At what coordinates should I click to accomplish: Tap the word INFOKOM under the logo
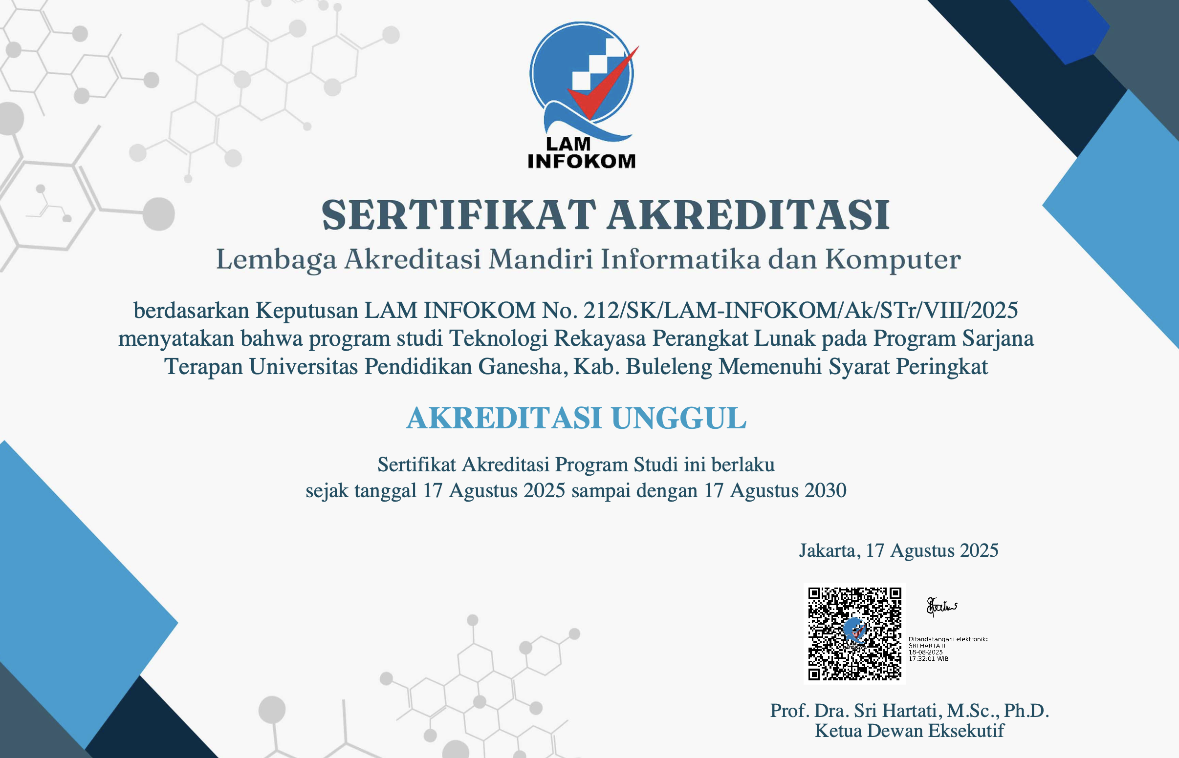[582, 162]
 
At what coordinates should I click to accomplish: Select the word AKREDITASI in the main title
[748, 215]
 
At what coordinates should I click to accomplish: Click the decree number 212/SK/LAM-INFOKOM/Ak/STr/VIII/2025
[801, 311]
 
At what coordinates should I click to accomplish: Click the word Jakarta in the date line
[830, 551]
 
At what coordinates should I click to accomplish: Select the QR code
[854, 633]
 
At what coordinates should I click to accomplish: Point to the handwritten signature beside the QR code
[941, 607]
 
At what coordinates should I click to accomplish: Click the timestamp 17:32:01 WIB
[928, 658]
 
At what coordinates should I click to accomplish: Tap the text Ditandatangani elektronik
[948, 639]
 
